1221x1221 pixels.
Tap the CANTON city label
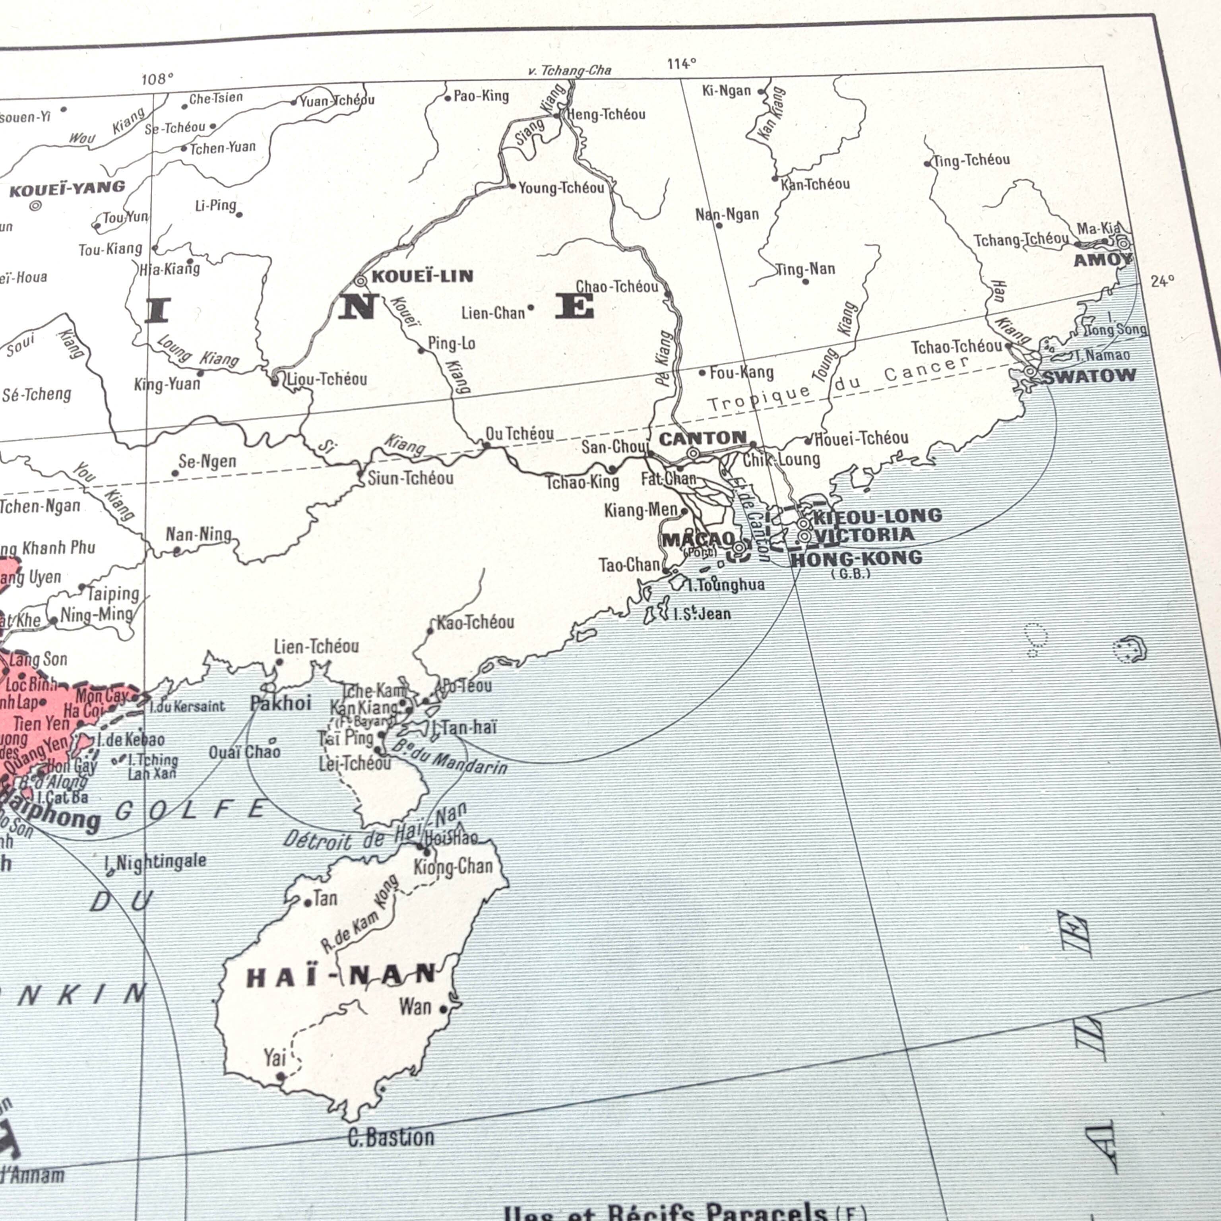tap(703, 438)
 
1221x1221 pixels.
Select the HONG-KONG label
tap(857, 558)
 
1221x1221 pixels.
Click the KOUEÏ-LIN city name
tap(422, 276)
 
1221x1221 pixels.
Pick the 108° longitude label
tap(157, 79)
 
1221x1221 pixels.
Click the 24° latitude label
tap(1162, 282)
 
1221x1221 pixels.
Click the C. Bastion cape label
tap(391, 1138)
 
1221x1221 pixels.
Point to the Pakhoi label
tap(281, 703)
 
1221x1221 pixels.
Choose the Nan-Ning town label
tap(198, 535)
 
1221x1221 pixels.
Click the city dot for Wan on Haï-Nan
tap(443, 1009)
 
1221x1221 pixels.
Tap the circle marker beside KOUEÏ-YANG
tap(35, 205)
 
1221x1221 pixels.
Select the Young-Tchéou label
tap(561, 188)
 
